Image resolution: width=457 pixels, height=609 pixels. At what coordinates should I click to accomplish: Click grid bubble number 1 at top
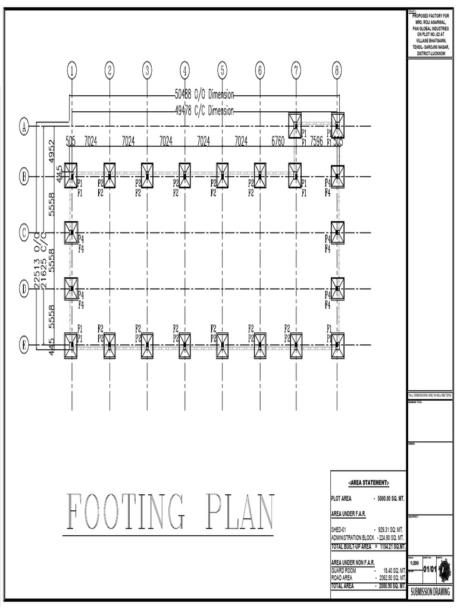coord(72,71)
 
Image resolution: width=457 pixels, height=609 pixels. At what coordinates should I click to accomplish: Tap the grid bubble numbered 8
coord(337,71)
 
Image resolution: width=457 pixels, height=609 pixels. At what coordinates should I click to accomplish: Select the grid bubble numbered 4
coord(185,71)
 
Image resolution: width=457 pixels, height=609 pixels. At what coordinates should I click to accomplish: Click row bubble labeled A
coord(24,126)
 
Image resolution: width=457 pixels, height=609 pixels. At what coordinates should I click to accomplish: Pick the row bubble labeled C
coord(24,233)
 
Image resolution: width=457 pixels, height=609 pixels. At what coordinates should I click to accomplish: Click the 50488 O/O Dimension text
coord(204,94)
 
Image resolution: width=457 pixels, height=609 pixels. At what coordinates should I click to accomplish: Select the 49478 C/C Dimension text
coord(204,111)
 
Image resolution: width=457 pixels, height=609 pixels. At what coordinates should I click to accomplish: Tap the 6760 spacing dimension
coord(277,141)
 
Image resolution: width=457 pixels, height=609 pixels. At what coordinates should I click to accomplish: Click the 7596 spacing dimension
coord(316,141)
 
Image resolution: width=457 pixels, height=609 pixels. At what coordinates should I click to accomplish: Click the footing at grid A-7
coord(295,126)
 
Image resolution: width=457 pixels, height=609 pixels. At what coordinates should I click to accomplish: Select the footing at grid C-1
coord(71,233)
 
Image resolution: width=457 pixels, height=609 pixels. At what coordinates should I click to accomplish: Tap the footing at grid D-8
coord(337,289)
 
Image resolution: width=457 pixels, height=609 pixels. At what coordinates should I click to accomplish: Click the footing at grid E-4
coord(185,345)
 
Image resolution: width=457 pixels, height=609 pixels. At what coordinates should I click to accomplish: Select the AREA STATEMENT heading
coord(368,482)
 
